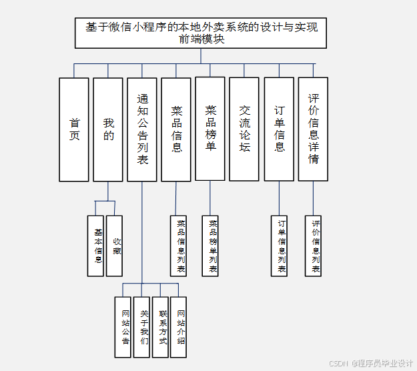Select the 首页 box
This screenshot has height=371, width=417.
(x=74, y=129)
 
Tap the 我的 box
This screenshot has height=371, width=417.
(x=108, y=129)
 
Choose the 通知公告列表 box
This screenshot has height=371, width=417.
(x=142, y=129)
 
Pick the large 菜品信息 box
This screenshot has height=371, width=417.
(x=176, y=129)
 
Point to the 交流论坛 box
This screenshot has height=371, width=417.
(x=244, y=129)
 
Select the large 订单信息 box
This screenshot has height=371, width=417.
(x=279, y=129)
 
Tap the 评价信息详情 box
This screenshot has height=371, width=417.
(x=313, y=129)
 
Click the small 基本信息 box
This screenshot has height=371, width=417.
(x=96, y=246)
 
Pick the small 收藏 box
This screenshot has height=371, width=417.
(x=115, y=246)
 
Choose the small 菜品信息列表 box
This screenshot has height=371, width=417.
(x=179, y=246)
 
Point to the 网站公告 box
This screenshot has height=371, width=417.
(x=124, y=327)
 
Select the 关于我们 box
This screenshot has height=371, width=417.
(x=142, y=327)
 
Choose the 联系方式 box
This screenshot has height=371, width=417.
(x=160, y=327)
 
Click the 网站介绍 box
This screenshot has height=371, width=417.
(x=179, y=327)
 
